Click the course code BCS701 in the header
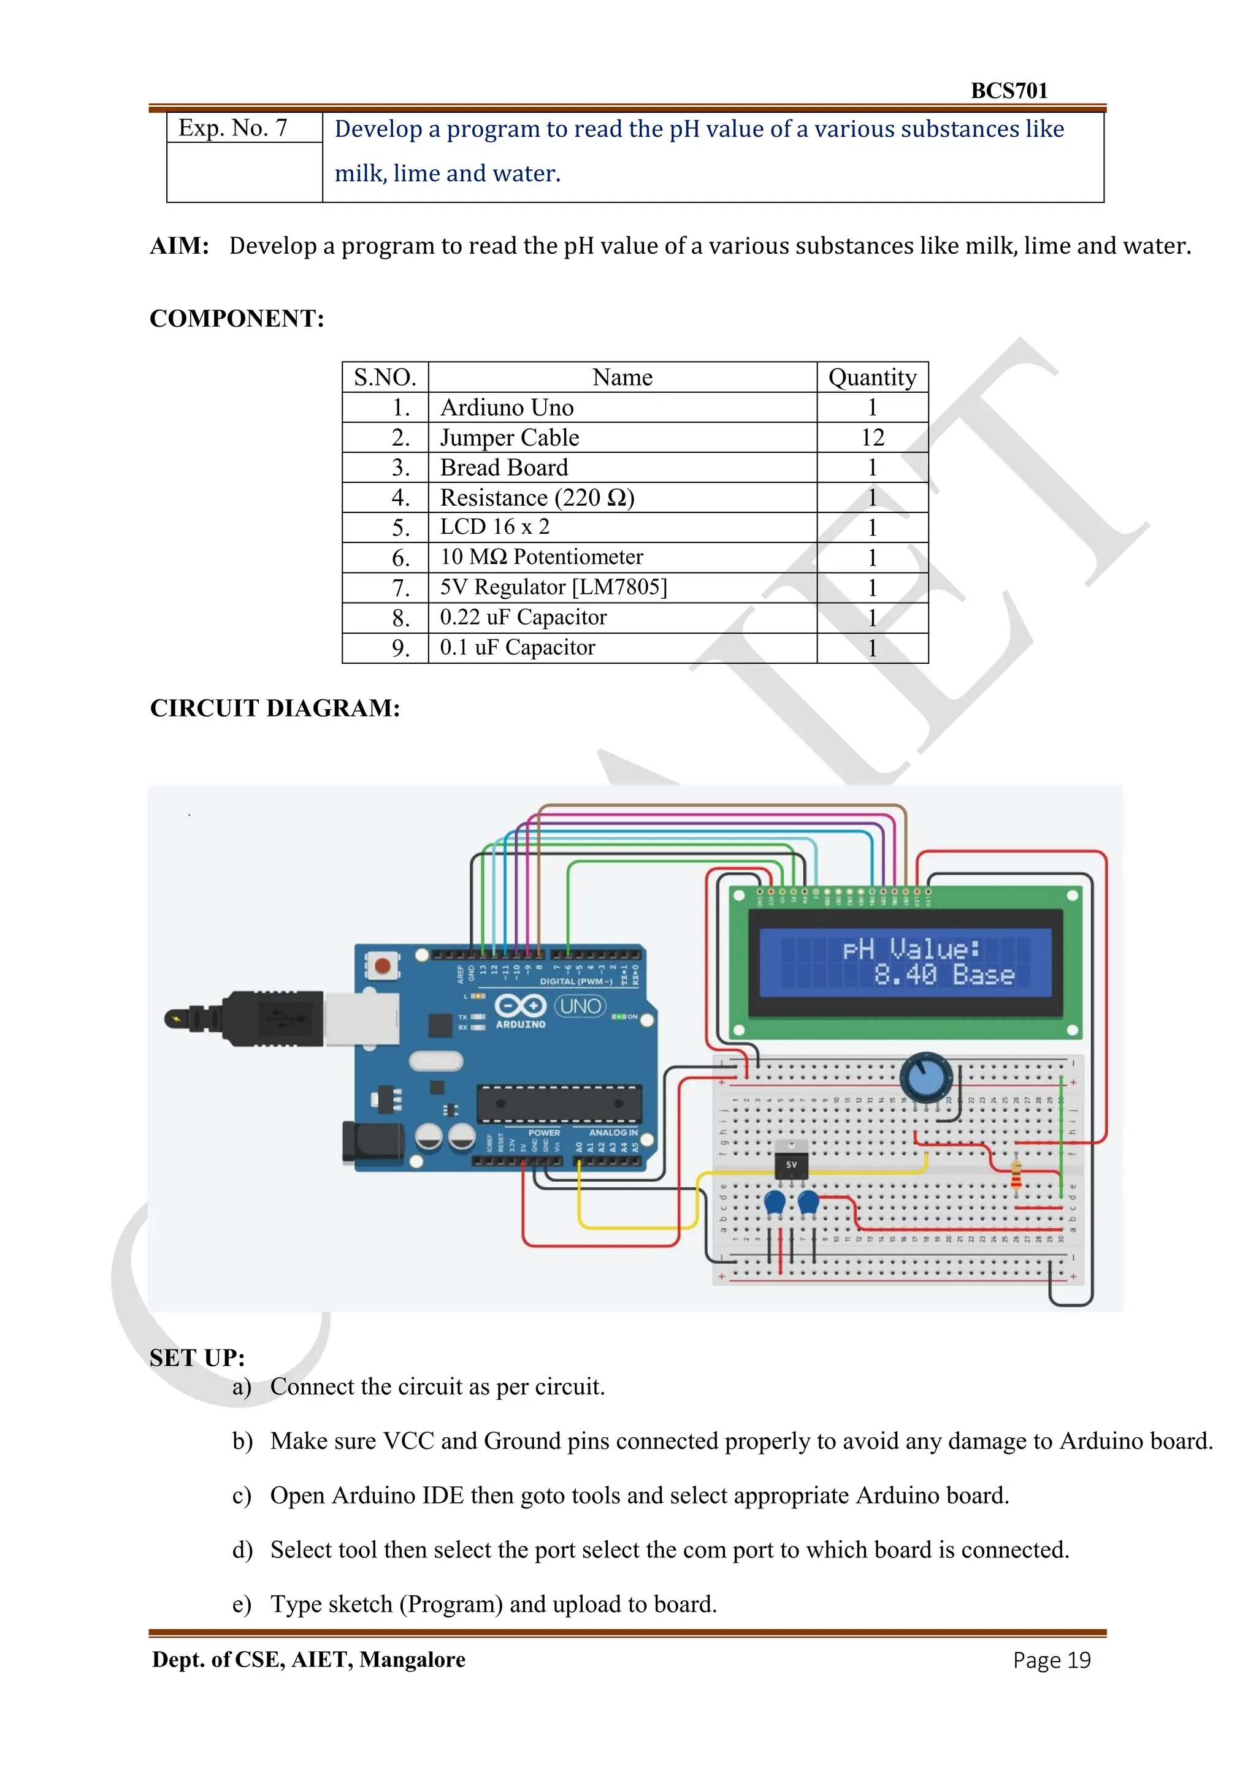coord(1008,91)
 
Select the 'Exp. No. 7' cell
coord(233,127)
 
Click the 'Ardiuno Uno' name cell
coord(507,408)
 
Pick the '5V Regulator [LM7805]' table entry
coord(553,588)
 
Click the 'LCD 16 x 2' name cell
coord(495,527)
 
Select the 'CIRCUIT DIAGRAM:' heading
coord(275,708)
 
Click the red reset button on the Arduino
coord(382,965)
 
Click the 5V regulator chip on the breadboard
coord(791,1163)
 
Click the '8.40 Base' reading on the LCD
coord(944,975)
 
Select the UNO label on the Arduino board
coord(580,1006)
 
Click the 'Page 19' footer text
coord(1051,1660)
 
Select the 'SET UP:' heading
coord(197,1358)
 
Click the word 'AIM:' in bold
coord(180,246)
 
